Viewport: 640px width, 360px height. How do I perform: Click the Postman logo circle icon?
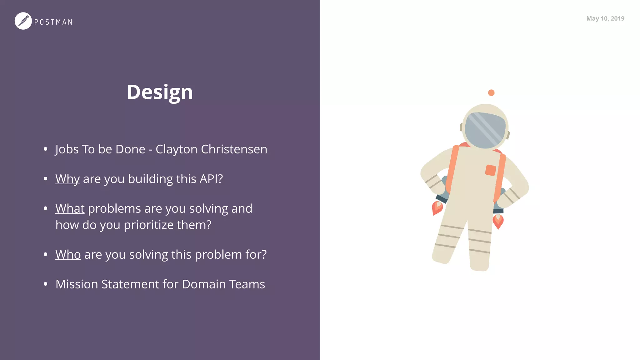tap(23, 21)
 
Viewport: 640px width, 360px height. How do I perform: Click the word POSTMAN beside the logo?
tap(53, 22)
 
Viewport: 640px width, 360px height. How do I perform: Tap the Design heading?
tap(160, 92)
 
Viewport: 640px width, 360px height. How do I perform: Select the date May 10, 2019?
tap(605, 18)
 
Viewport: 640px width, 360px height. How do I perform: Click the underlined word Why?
tap(67, 179)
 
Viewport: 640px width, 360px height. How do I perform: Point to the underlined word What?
tap(70, 209)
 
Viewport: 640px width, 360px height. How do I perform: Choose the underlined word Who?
tap(68, 255)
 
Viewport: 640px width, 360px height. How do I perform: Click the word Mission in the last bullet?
tap(77, 284)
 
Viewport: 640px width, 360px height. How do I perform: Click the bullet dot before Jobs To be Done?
tap(46, 149)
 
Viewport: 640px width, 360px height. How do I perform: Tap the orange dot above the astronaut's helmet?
tap(491, 93)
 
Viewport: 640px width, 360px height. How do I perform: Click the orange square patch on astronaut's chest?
tap(490, 170)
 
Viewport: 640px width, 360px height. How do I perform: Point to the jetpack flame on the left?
tap(437, 208)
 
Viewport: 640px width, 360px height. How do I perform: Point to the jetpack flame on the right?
tap(498, 221)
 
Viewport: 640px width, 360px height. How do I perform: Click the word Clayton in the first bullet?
tap(176, 149)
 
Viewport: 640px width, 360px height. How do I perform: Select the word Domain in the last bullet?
tap(204, 284)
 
